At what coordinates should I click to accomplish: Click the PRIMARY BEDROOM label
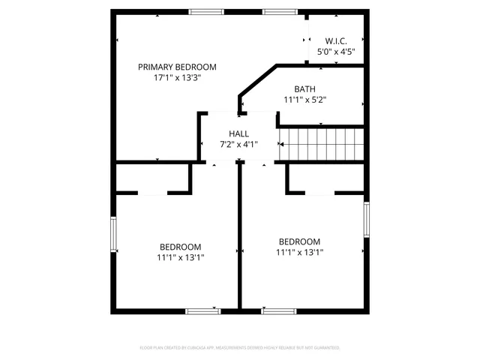pos(177,67)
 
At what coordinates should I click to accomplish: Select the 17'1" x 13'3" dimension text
pos(177,77)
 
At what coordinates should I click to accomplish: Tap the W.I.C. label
pos(336,40)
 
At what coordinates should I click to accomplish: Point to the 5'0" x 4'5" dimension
pos(336,52)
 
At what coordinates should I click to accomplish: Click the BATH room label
pos(304,88)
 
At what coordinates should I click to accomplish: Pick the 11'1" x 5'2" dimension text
pos(304,99)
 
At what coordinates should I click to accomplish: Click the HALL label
pos(239,133)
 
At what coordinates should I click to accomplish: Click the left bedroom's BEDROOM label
pos(180,247)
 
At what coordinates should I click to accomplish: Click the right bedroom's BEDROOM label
pos(299,241)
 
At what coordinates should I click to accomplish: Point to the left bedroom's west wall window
pos(113,235)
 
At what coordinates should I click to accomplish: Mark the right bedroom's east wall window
pos(367,219)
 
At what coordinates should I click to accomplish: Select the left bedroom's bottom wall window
pos(202,310)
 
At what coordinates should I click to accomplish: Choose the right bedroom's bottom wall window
pos(278,310)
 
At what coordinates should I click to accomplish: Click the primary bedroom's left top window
pos(205,11)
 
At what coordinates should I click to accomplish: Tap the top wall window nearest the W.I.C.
pos(279,11)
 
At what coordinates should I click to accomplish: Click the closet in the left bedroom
pos(151,178)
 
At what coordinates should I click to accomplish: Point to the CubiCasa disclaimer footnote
pos(240,348)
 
